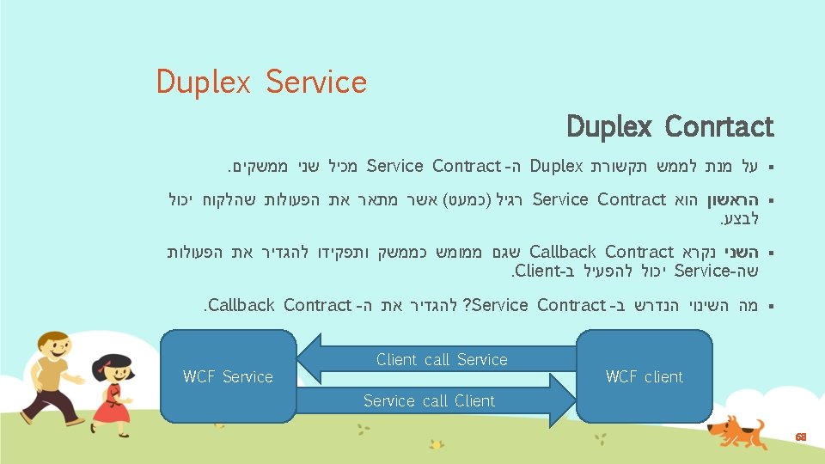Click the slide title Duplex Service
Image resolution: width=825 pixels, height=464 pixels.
261,82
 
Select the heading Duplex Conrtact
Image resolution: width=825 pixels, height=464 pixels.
670,127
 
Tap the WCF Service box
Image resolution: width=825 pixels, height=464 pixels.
228,376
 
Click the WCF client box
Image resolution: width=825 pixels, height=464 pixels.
644,376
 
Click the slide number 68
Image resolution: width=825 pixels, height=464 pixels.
800,437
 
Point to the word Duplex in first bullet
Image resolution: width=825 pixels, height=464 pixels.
557,165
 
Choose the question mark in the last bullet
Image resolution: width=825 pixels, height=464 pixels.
467,304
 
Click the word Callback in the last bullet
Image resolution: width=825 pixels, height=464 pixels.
241,304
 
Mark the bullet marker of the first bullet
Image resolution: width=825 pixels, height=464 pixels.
771,166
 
